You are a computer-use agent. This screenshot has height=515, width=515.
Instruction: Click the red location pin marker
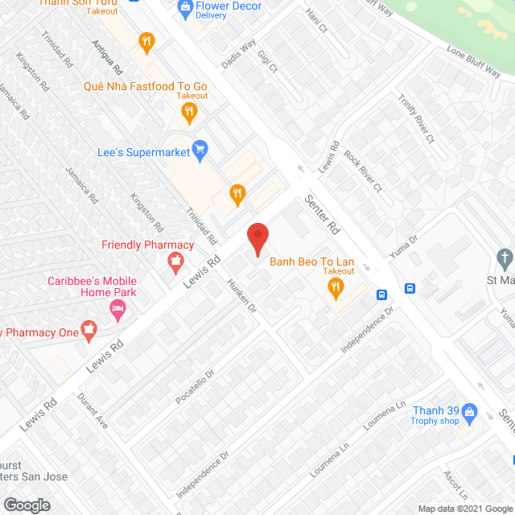click(x=257, y=240)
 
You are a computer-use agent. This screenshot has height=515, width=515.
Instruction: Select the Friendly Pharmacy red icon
click(x=173, y=262)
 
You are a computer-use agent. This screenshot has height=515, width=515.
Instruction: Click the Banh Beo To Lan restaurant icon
click(x=337, y=286)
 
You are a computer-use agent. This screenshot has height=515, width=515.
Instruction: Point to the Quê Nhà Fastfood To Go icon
click(x=189, y=113)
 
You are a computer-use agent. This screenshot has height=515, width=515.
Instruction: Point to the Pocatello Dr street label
click(x=194, y=386)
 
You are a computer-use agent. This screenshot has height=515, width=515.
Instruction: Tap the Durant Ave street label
click(x=93, y=410)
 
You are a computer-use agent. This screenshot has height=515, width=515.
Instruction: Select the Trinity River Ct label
click(x=415, y=117)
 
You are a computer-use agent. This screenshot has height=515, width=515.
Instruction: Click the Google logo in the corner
click(x=26, y=505)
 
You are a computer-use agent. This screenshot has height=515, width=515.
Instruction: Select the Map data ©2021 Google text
click(x=464, y=508)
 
